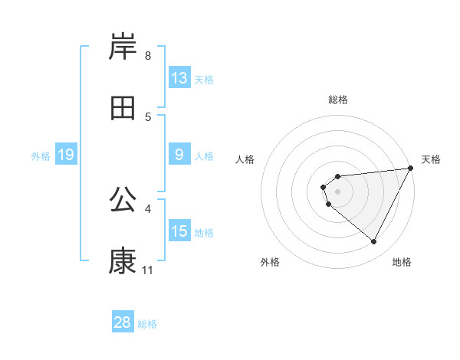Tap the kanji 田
[x=123, y=109]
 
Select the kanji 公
[x=123, y=201]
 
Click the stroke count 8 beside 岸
[x=148, y=55]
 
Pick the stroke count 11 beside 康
[x=148, y=270]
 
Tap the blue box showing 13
[x=179, y=78]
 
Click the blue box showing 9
[x=179, y=155]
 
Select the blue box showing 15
[x=179, y=231]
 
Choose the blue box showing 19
[x=66, y=155]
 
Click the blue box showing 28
[x=123, y=322]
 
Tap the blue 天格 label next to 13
[x=204, y=79]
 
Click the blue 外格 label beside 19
[x=41, y=156]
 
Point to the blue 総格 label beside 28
[x=148, y=324]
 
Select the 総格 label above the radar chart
[x=338, y=100]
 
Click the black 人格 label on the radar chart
[x=245, y=159]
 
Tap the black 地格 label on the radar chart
[x=402, y=262]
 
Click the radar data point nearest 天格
[x=410, y=169]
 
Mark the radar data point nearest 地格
[x=374, y=242]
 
